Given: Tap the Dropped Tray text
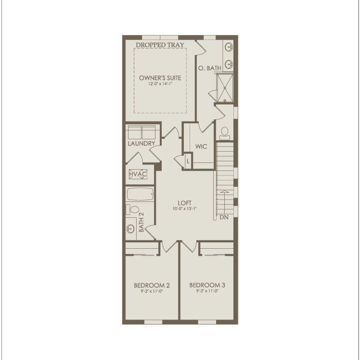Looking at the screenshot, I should click(160, 45).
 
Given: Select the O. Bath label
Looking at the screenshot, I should click(210, 68).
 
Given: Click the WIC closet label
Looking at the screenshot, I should click(201, 147).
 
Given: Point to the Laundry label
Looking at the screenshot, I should click(141, 144).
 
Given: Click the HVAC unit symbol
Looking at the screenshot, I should click(138, 174).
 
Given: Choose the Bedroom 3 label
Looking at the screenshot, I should click(207, 285).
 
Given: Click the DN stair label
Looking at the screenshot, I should click(224, 218).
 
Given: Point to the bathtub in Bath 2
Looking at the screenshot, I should click(140, 194).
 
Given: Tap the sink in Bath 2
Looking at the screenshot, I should click(130, 228).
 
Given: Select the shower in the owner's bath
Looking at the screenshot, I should click(225, 87).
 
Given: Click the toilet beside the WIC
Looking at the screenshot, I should click(224, 133).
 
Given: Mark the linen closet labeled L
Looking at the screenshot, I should click(188, 161).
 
